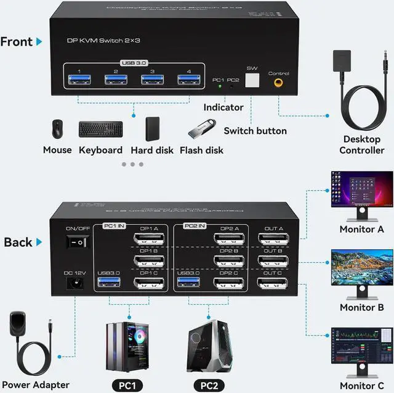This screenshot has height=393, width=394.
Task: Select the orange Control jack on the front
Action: click(278, 81)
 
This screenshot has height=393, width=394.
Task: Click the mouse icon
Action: click(57, 130)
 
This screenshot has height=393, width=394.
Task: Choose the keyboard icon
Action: click(100, 130)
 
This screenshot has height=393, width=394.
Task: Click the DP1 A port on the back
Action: click(149, 238)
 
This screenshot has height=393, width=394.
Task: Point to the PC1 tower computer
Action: click(129, 345)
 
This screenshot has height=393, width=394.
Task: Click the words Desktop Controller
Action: click(362, 144)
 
